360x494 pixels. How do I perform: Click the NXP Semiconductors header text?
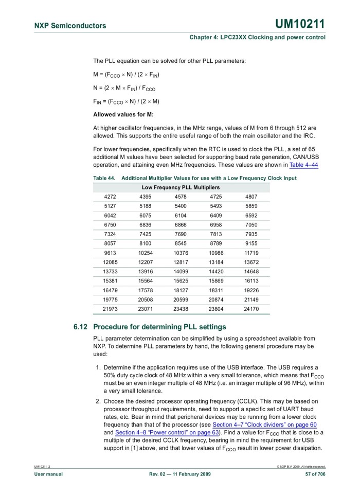point(70,26)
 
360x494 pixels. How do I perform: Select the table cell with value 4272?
point(110,197)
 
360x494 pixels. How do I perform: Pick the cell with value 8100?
point(146,243)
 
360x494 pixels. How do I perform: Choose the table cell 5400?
point(181,206)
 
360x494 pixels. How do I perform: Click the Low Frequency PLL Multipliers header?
point(181,187)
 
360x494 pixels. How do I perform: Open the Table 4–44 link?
point(303,165)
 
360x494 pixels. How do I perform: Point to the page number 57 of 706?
point(315,474)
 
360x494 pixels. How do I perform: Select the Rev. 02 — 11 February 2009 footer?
point(179,474)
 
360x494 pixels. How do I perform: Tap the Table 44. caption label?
point(104,178)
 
